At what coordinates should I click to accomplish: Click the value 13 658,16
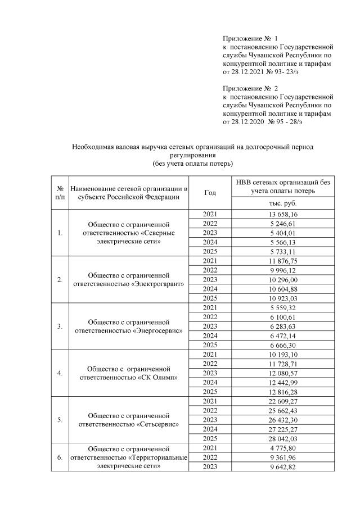point(283,215)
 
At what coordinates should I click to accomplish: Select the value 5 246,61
point(283,224)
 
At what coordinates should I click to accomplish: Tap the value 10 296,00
point(283,279)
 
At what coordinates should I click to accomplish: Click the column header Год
point(210,192)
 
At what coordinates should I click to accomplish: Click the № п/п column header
point(59,192)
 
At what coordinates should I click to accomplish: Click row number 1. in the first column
point(59,233)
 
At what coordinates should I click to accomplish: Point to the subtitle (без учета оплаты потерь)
point(192,164)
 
